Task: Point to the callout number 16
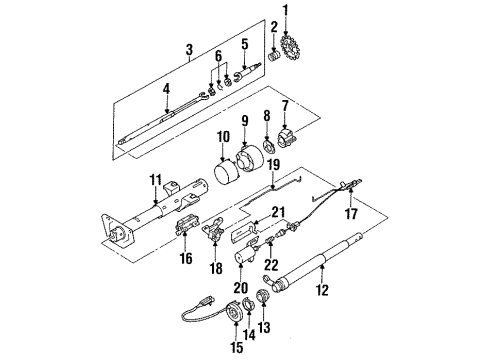point(186,259)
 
